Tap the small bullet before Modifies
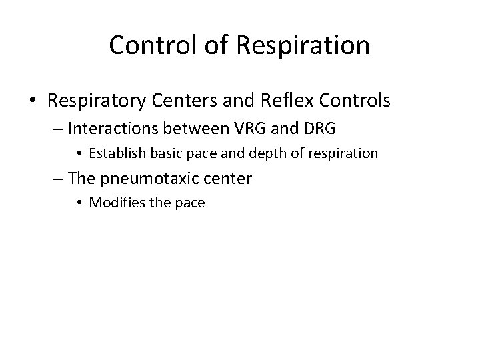click(80, 203)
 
